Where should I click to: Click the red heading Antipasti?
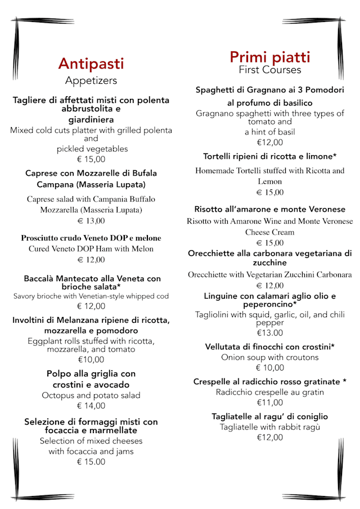click(91, 64)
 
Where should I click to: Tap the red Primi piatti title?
click(269, 57)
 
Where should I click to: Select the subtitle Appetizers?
click(91, 80)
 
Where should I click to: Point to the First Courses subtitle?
click(269, 70)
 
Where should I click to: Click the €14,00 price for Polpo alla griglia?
click(91, 406)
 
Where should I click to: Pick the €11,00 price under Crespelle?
click(269, 402)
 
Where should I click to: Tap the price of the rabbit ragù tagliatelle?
click(269, 437)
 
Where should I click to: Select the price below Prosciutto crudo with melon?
click(91, 260)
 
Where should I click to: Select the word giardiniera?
click(91, 120)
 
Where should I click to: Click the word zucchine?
click(269, 263)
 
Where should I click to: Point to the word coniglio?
click(309, 417)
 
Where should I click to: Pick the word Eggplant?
click(46, 341)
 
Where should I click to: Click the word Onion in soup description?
click(233, 357)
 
